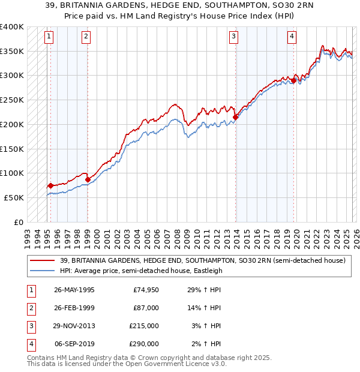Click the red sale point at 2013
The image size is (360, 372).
pyautogui.click(x=236, y=118)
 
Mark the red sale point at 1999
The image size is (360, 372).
pyautogui.click(x=88, y=179)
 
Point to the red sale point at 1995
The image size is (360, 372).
pyautogui.click(x=50, y=185)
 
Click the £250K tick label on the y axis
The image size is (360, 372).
pyautogui.click(x=11, y=100)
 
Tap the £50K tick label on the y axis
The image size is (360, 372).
pyautogui.click(x=14, y=197)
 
